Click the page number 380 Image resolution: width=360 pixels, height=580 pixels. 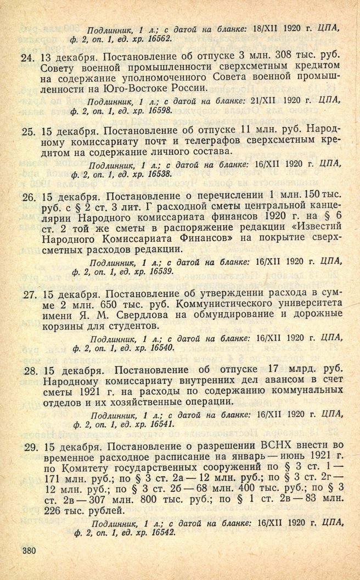pyautogui.click(x=27, y=550)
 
